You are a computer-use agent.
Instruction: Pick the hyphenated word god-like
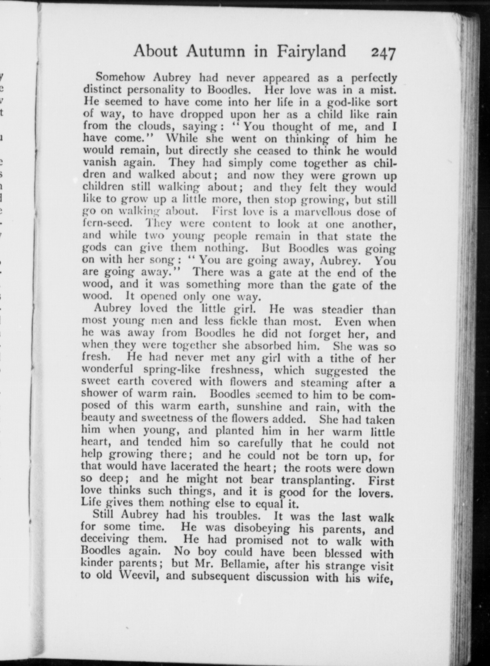click(x=341, y=102)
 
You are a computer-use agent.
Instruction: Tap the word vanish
click(x=100, y=163)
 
